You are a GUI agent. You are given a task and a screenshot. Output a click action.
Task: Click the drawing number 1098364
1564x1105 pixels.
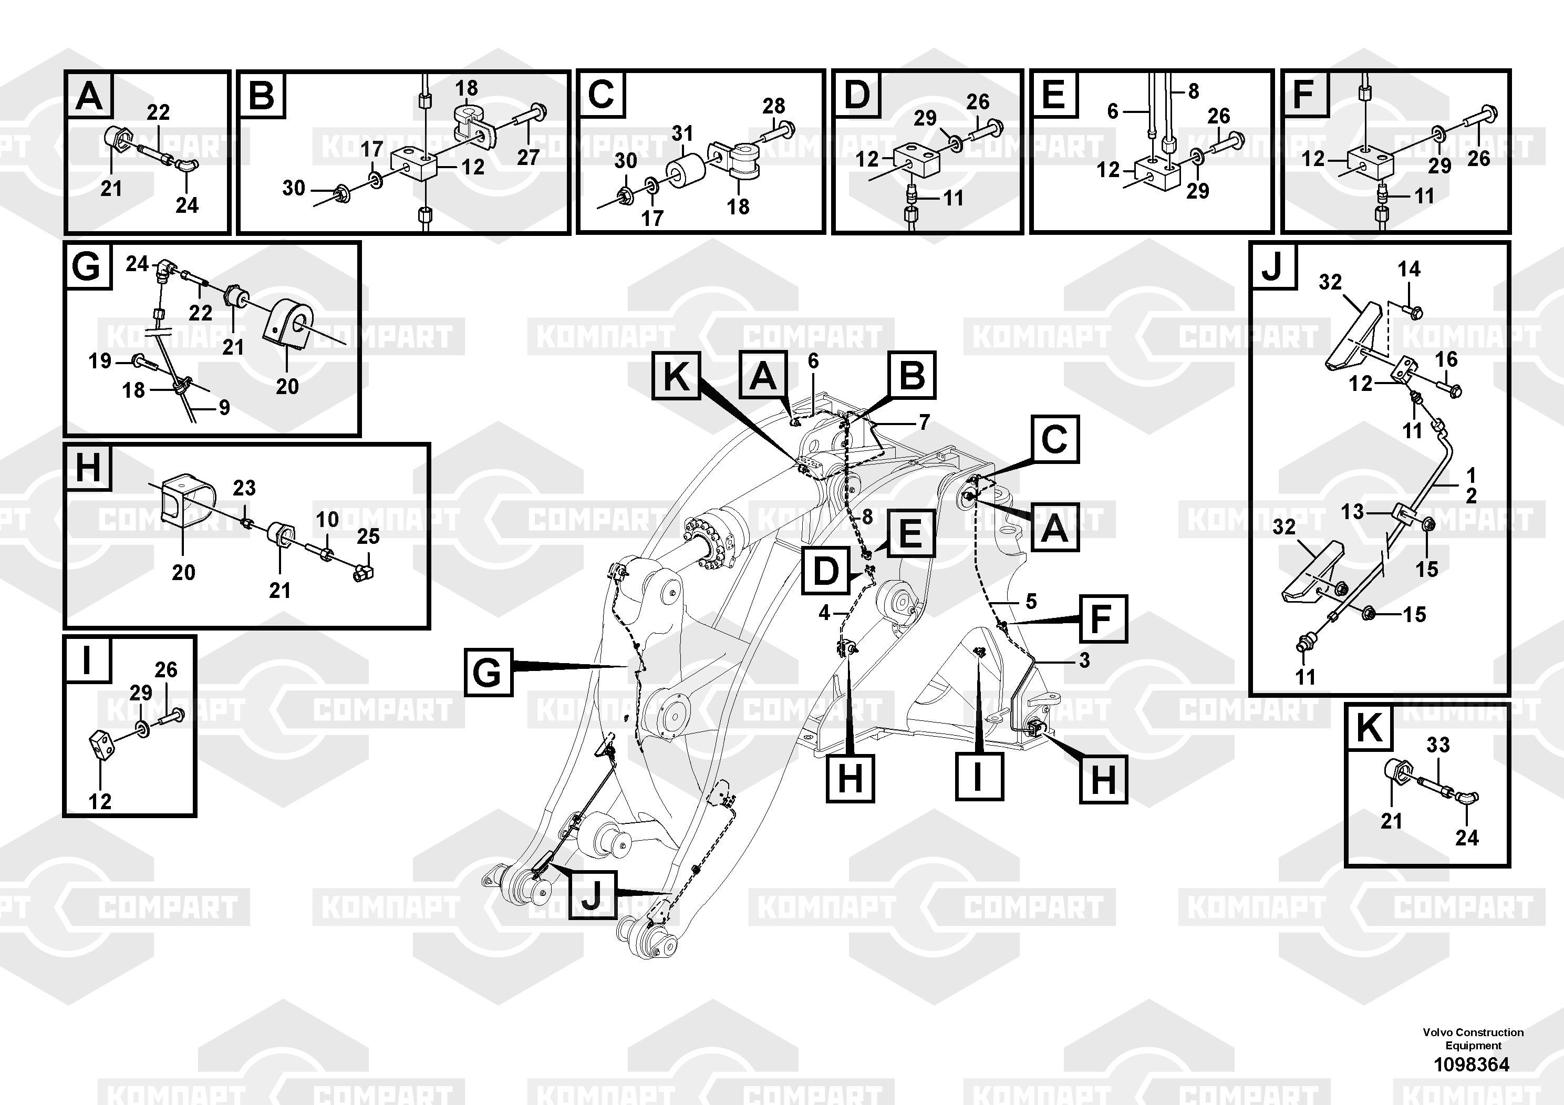1472,1064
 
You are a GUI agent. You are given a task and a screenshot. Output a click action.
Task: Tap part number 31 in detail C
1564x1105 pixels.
682,133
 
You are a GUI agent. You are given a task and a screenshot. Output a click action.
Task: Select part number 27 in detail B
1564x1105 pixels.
528,158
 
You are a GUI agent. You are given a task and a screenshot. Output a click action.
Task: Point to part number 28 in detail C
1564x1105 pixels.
773,106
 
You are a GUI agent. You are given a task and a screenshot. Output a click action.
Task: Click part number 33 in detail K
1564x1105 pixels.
1437,745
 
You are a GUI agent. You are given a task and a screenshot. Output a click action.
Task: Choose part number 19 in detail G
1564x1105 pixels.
100,360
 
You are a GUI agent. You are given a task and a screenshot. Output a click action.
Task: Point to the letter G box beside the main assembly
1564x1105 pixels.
488,673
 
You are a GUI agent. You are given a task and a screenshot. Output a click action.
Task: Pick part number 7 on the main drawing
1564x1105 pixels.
924,422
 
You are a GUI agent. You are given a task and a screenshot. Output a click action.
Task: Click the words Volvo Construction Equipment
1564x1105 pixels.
1473,1039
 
